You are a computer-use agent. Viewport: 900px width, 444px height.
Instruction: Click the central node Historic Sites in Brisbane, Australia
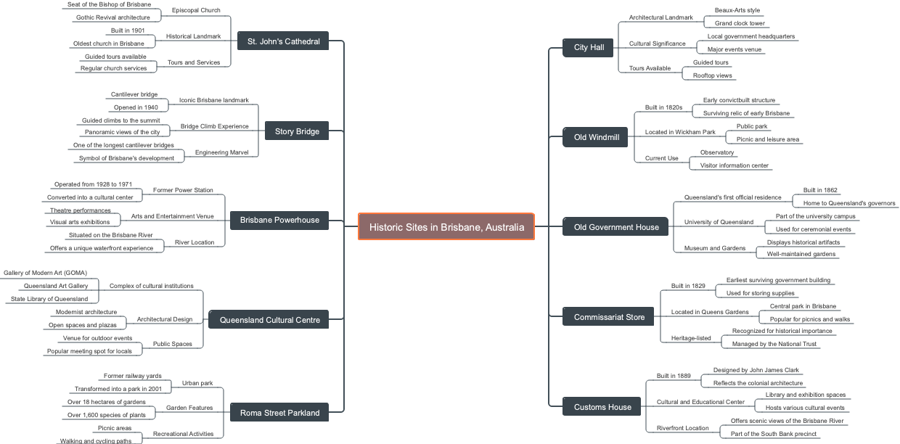446,227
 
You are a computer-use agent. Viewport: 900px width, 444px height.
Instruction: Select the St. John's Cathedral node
283,41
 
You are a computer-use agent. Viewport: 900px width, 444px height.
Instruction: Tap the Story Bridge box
297,131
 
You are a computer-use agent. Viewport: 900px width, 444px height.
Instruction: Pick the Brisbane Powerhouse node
279,220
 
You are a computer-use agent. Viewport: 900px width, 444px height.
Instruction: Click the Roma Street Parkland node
279,413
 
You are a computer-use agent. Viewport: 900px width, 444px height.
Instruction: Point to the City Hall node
589,47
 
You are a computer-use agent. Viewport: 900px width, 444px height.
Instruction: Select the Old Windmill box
596,137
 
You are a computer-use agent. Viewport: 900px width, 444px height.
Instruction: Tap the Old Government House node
616,227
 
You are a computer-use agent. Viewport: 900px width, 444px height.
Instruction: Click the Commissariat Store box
609,317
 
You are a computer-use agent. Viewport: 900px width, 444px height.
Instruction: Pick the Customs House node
602,407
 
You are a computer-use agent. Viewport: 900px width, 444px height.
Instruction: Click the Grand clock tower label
740,23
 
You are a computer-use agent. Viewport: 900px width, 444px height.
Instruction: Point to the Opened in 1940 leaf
136,107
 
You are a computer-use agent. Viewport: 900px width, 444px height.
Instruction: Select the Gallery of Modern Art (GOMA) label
45,273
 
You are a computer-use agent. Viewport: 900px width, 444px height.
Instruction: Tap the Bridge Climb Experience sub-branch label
214,126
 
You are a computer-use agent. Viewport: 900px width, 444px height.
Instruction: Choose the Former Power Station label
183,190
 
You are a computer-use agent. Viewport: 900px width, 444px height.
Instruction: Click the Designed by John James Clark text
756,370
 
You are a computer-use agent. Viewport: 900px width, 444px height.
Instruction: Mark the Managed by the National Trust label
774,344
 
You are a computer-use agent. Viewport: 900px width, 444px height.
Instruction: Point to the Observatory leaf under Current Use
717,152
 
